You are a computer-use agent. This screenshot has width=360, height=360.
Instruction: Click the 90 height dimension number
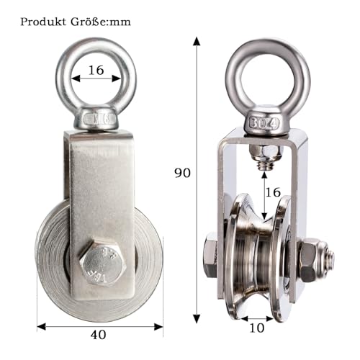tap(184, 173)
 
